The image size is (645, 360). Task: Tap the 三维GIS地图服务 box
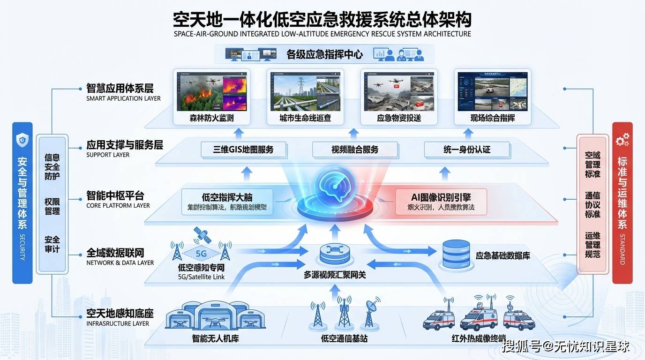tap(243, 150)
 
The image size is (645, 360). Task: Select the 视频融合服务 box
tap(355, 150)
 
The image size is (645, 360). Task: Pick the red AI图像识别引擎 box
tap(441, 202)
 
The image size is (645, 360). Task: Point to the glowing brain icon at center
tap(333, 185)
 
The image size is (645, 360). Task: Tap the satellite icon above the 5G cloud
tap(202, 235)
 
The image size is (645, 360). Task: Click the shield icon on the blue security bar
tap(22, 139)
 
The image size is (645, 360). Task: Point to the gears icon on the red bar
tap(622, 139)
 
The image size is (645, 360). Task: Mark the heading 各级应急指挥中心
tap(324, 54)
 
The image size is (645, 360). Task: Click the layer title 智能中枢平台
tap(115, 195)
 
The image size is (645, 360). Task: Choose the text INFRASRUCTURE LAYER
tap(118, 323)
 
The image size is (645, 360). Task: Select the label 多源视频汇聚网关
tap(334, 275)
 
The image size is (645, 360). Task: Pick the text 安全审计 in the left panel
tap(52, 244)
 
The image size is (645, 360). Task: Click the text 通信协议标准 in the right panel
tap(592, 205)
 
